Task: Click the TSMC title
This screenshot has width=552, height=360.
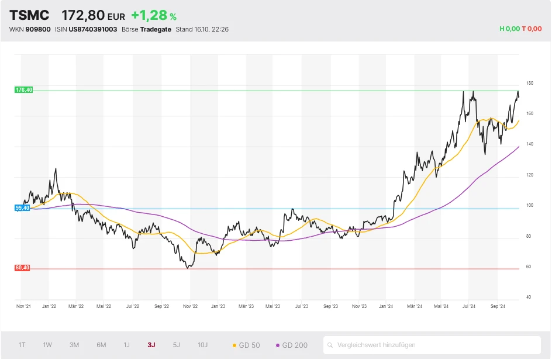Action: pyautogui.click(x=29, y=16)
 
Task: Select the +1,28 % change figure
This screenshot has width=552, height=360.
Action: pyautogui.click(x=154, y=16)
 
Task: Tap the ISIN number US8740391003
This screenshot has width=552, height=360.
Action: pyautogui.click(x=93, y=29)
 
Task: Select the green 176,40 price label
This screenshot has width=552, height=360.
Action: pyautogui.click(x=23, y=90)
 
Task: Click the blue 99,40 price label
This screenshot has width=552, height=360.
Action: pyautogui.click(x=22, y=208)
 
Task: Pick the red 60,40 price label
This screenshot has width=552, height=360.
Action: pyautogui.click(x=22, y=268)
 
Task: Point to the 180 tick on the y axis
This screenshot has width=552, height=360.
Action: pyautogui.click(x=529, y=83)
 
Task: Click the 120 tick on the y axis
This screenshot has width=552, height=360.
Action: pyautogui.click(x=529, y=175)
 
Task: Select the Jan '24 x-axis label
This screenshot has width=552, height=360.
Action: pyautogui.click(x=387, y=306)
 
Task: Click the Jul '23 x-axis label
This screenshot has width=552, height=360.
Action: pyautogui.click(x=302, y=306)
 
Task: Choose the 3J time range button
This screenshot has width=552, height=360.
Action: pyautogui.click(x=151, y=345)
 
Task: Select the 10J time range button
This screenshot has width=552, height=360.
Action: pyautogui.click(x=202, y=345)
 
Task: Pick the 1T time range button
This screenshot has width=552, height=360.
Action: pyautogui.click(x=22, y=345)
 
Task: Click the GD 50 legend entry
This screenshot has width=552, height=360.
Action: pyautogui.click(x=246, y=345)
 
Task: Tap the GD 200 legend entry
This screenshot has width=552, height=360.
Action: pyautogui.click(x=291, y=345)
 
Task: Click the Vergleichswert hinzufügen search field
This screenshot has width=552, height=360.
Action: pyautogui.click(x=432, y=345)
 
